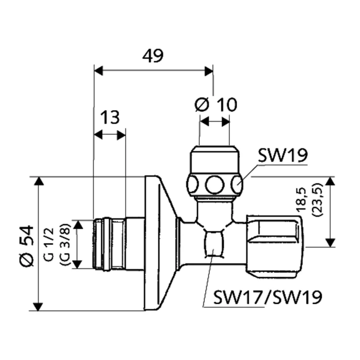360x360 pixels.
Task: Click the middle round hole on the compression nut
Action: [214, 184]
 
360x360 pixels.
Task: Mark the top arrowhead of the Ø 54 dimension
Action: [39, 182]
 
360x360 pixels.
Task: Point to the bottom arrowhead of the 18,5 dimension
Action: [330, 241]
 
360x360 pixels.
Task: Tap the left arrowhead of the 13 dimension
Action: [98, 135]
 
